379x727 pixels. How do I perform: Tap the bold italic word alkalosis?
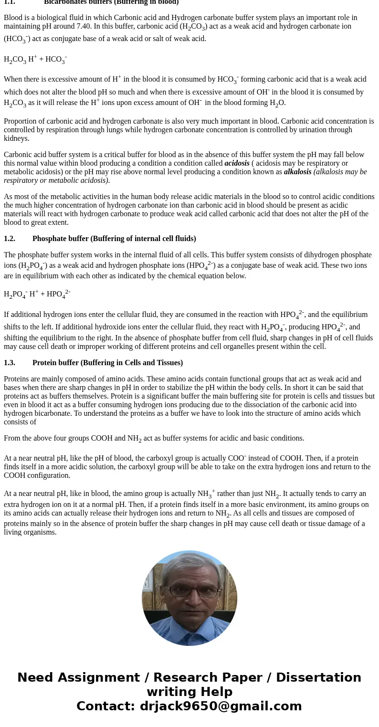tap(297, 172)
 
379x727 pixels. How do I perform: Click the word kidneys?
tap(16, 138)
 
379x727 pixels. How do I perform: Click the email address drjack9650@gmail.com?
tap(221, 706)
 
